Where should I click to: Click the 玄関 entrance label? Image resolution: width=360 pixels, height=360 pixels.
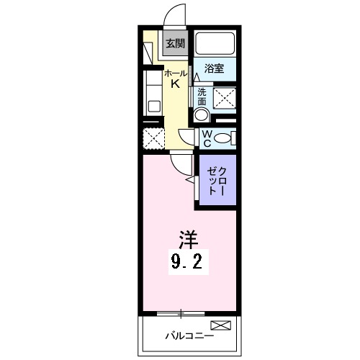[175, 43]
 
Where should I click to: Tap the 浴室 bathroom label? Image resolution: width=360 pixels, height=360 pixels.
[213, 69]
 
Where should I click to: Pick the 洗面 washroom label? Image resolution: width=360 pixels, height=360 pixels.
[202, 96]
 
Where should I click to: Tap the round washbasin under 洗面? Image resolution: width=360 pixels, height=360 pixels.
[202, 114]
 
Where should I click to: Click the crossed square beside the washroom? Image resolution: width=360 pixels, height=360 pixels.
[225, 97]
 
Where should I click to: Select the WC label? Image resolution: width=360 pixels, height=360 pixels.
[205, 138]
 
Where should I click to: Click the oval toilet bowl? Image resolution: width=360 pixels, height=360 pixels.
[224, 138]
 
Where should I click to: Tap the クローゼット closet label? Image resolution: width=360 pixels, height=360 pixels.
[218, 183]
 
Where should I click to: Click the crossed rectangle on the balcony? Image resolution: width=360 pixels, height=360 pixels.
[222, 327]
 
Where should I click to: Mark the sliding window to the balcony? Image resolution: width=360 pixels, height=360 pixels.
[181, 312]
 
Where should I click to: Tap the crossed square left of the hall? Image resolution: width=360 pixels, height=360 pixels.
[152, 138]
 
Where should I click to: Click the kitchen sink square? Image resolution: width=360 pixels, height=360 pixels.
[153, 106]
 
